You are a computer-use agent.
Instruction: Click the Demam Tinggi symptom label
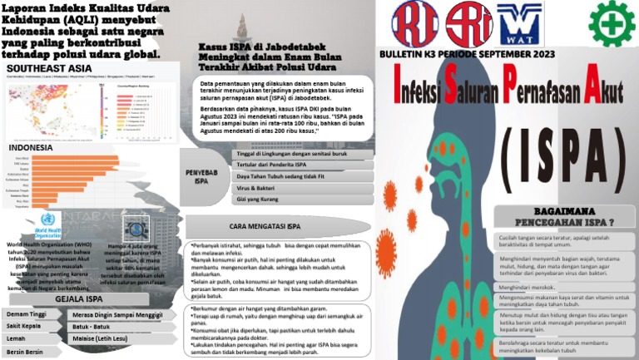pyautogui.click(x=27, y=314)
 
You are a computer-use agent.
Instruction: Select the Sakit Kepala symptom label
pyautogui.click(x=25, y=327)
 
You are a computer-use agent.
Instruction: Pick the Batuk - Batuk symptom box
pyautogui.click(x=92, y=327)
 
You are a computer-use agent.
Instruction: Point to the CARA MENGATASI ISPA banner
pyautogui.click(x=265, y=225)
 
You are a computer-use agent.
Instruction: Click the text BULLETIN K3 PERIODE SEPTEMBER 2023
pyautogui.click(x=467, y=53)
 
